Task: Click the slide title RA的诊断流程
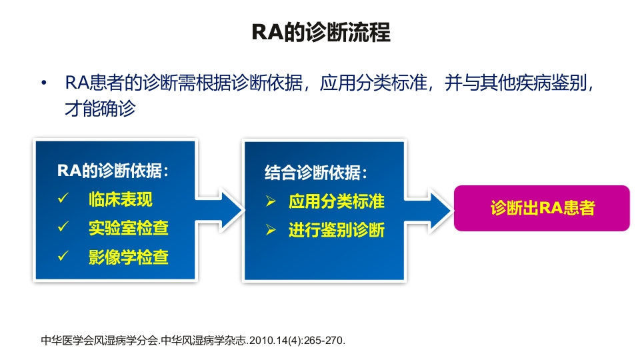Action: pyautogui.click(x=320, y=33)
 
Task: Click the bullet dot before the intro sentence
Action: pyautogui.click(x=44, y=84)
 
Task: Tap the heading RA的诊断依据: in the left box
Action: pyautogui.click(x=113, y=171)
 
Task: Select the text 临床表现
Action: pyautogui.click(x=120, y=199)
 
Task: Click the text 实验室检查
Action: pyautogui.click(x=128, y=228)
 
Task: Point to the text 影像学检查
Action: pyautogui.click(x=128, y=257)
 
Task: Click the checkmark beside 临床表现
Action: pyautogui.click(x=63, y=199)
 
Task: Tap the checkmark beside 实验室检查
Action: pyautogui.click(x=63, y=228)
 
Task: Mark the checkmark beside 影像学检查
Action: pyautogui.click(x=63, y=257)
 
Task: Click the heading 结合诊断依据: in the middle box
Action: pyautogui.click(x=315, y=173)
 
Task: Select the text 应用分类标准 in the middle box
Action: pyautogui.click(x=336, y=201)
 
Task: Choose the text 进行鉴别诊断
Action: pyautogui.click(x=336, y=231)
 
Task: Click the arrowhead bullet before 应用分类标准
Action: pyautogui.click(x=271, y=201)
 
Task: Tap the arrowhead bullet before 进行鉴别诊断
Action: pyautogui.click(x=271, y=231)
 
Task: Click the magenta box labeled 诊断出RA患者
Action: pyautogui.click(x=541, y=208)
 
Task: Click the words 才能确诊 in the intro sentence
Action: pyautogui.click(x=99, y=109)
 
